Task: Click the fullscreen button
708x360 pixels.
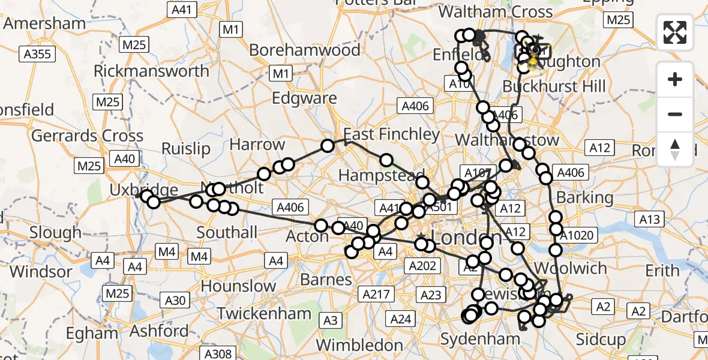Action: pos(675,32)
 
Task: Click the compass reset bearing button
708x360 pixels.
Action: pos(675,149)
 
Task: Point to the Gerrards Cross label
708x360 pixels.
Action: pos(88,136)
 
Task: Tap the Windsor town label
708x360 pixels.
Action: pos(41,271)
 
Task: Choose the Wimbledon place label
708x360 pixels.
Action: pos(359,345)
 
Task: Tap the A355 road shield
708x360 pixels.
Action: pos(37,55)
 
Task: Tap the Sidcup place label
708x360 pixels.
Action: pos(601,340)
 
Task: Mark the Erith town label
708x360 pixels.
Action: pos(662,271)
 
